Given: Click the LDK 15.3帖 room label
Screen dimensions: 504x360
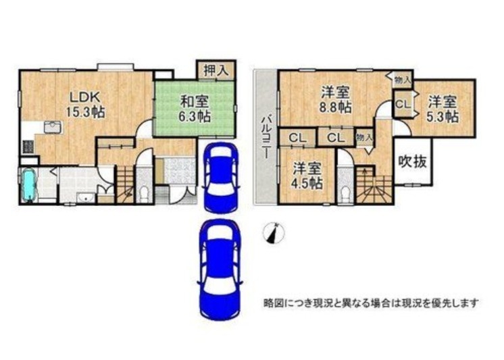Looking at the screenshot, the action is point(85,104).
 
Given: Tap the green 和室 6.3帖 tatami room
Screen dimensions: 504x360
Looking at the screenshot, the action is point(195,109).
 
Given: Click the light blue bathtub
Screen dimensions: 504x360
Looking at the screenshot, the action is point(30,186).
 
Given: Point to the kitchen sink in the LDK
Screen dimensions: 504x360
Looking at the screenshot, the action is point(53,127).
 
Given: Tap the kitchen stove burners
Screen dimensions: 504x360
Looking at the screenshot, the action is point(28,147).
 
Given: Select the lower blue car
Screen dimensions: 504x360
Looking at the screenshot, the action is point(220,269).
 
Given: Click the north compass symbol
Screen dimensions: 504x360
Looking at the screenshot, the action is point(274,232).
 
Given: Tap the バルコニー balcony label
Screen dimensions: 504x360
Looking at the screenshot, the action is point(266,136).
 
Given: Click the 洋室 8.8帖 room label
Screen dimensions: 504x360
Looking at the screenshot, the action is point(335,100).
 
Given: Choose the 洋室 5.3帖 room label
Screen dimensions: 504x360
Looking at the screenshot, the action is point(443,109).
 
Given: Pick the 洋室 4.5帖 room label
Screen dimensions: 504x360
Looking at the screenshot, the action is point(307,176).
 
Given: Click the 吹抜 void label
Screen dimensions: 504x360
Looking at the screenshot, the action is point(413,161).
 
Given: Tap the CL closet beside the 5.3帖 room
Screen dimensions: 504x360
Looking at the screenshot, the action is point(403,104).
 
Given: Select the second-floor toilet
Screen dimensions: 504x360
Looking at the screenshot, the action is point(345,192).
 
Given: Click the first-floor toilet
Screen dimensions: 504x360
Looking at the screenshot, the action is point(145,193).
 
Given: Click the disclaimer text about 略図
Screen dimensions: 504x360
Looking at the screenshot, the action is point(371,303).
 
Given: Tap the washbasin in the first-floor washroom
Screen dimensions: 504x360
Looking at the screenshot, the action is point(86,198).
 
